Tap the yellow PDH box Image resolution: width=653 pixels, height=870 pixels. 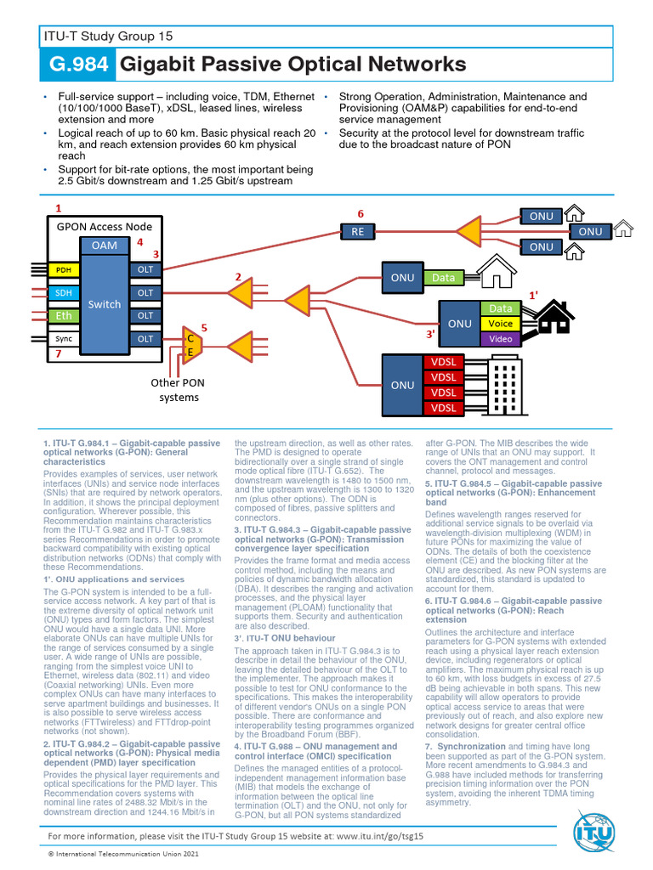64,269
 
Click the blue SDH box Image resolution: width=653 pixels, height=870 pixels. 64,292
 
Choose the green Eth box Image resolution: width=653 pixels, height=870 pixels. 64,315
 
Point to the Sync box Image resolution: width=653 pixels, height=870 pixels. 64,338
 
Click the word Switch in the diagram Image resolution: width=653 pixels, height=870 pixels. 105,304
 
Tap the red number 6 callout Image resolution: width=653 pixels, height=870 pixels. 360,213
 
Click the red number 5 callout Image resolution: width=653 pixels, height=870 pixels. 204,327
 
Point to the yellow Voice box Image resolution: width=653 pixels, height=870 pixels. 501,324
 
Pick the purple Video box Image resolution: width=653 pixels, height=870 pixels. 501,339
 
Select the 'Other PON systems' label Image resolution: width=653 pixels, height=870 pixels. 177,390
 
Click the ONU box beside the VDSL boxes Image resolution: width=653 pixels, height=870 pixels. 402,385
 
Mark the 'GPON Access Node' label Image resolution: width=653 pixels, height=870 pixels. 105,226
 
